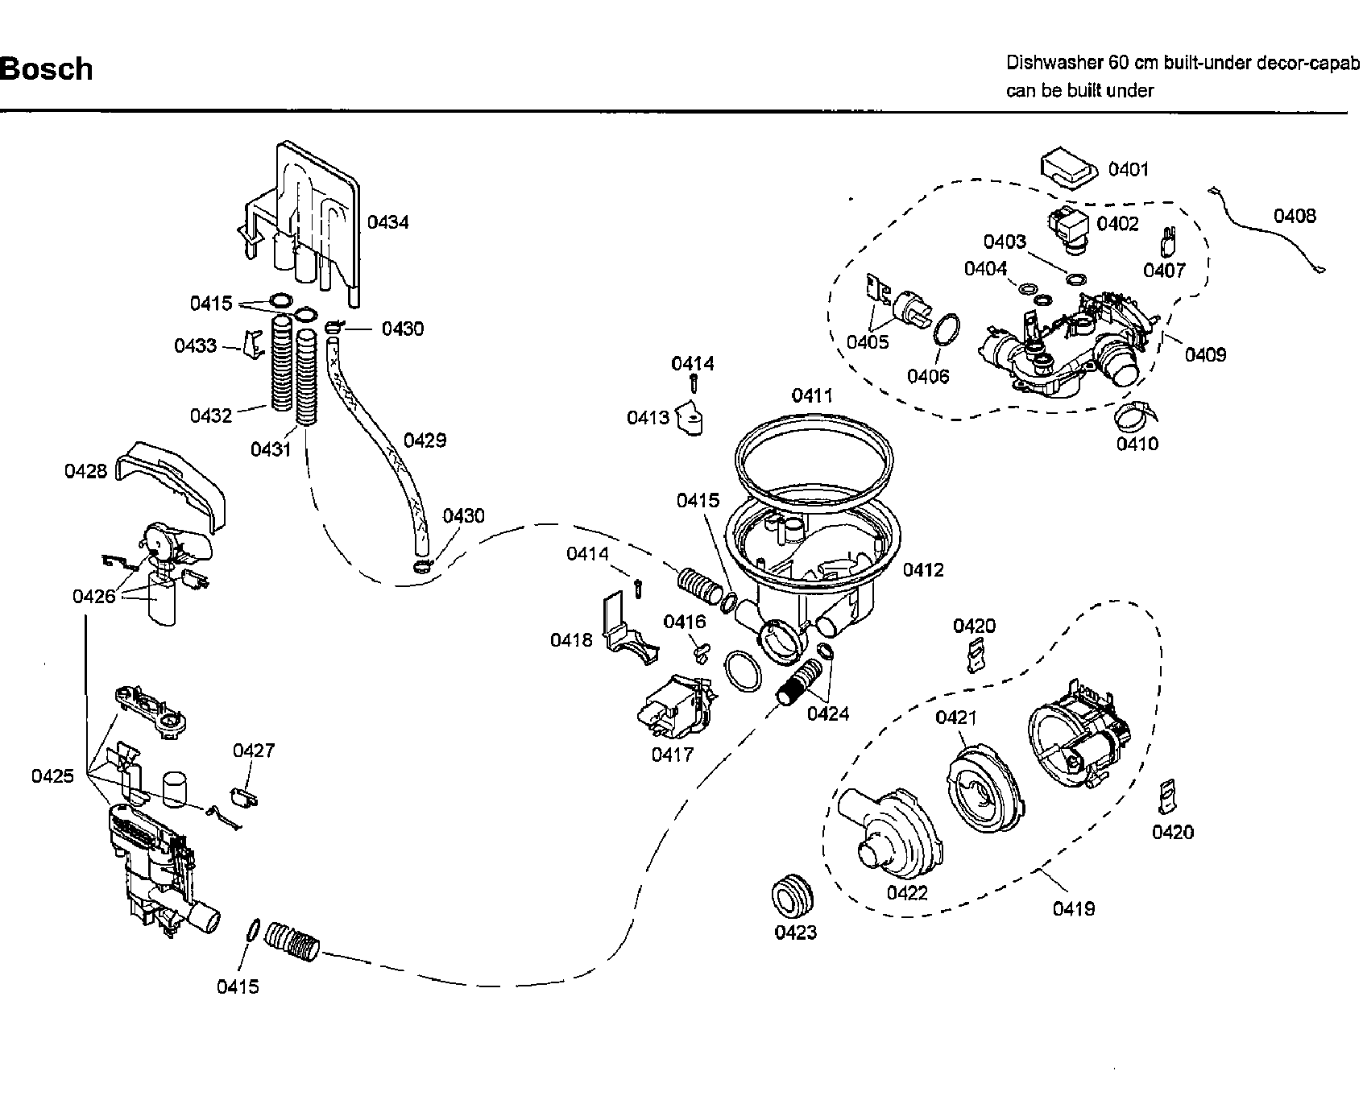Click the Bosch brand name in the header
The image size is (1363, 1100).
(x=46, y=69)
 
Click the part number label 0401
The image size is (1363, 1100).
(x=1128, y=169)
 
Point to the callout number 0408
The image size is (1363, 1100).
(x=1295, y=216)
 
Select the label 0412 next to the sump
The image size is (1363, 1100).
(x=922, y=570)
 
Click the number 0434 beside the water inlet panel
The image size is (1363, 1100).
(x=387, y=222)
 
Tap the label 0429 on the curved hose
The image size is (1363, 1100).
(x=425, y=440)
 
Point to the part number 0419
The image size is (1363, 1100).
(x=1073, y=909)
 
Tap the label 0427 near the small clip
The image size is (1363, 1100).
(x=254, y=751)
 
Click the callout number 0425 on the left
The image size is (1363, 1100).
(x=52, y=776)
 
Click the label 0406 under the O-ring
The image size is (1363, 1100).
(x=928, y=376)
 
